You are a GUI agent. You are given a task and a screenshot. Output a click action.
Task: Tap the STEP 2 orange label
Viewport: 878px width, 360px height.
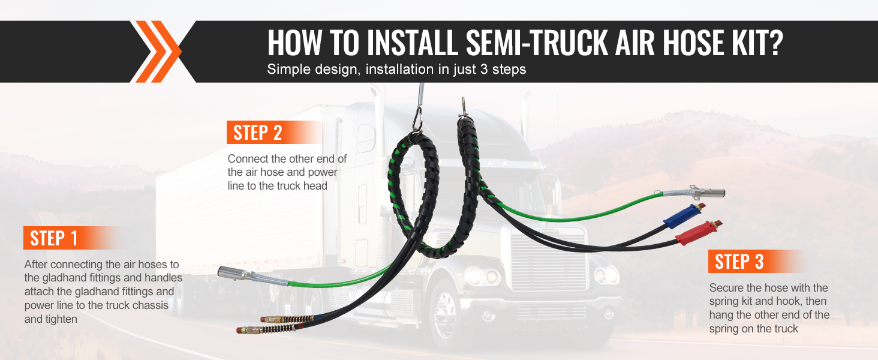tap(275, 132)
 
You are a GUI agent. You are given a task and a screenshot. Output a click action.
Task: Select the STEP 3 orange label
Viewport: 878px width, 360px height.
tap(756, 261)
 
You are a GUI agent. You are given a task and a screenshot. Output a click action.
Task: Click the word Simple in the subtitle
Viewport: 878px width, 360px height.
tap(288, 70)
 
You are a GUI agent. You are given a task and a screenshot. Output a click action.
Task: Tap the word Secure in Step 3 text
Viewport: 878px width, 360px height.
tap(726, 288)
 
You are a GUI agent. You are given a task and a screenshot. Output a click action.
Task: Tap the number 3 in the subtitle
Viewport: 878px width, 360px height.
tap(484, 70)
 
